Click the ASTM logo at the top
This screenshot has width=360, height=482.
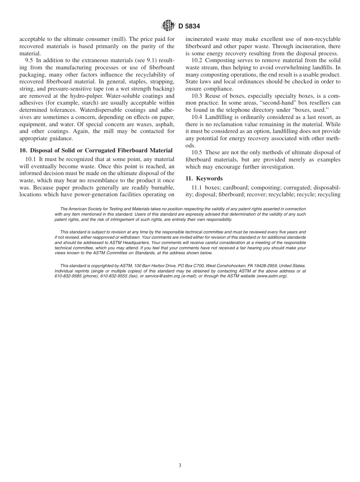tap(168, 26)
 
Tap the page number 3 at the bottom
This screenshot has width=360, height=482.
tap(180, 466)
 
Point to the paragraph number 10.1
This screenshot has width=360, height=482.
tap(30, 159)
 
